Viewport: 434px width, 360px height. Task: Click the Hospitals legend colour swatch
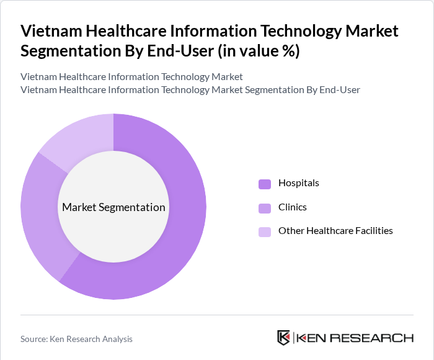pyautogui.click(x=265, y=184)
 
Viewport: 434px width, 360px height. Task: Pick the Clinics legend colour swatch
pyautogui.click(x=265, y=207)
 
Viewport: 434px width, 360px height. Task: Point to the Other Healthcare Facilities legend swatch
pyautogui.click(x=265, y=232)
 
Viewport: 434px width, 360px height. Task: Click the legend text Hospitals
pyautogui.click(x=298, y=183)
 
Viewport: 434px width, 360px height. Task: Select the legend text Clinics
pyautogui.click(x=292, y=207)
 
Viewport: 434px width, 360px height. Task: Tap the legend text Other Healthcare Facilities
pyautogui.click(x=335, y=231)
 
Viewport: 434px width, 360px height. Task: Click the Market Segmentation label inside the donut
pyautogui.click(x=113, y=207)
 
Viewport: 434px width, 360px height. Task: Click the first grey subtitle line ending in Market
pyautogui.click(x=131, y=77)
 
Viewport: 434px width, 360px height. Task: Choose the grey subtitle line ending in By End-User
pyautogui.click(x=190, y=90)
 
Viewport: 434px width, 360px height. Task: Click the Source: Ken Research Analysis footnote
pyautogui.click(x=76, y=339)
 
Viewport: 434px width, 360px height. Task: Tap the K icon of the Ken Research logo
pyautogui.click(x=284, y=338)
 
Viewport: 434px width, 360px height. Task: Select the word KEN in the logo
pyautogui.click(x=312, y=338)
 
